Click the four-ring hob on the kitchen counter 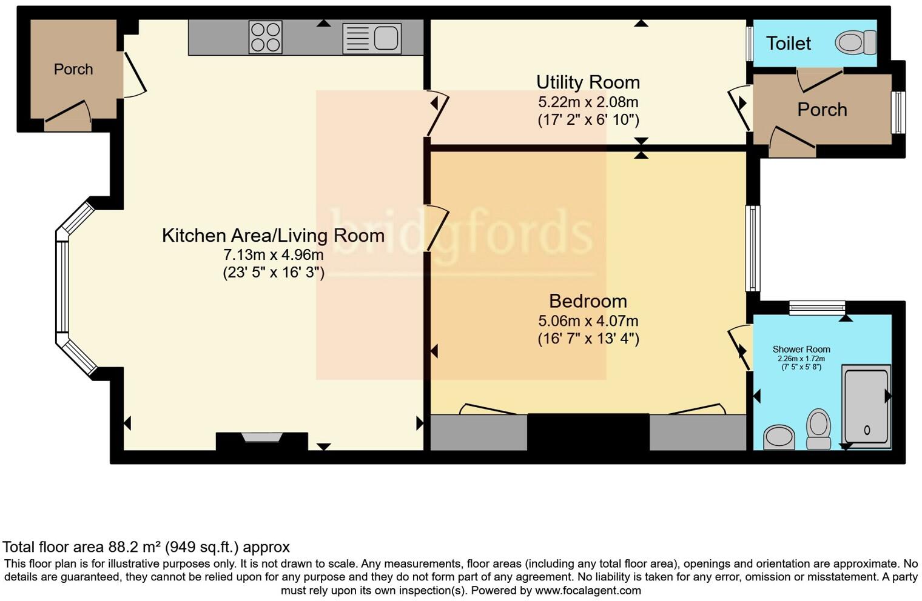(x=265, y=38)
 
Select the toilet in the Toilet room (x=856, y=43)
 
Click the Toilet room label (x=788, y=44)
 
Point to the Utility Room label (x=588, y=82)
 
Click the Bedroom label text (x=588, y=301)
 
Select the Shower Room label (x=801, y=350)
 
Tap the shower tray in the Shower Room (x=866, y=407)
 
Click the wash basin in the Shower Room (x=779, y=436)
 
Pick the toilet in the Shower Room (x=818, y=428)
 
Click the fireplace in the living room (x=261, y=437)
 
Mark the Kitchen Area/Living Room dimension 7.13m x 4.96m (x=273, y=255)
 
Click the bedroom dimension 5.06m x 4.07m (x=588, y=321)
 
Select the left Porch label (x=73, y=70)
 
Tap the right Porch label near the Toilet (x=822, y=110)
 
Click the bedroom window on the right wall (x=752, y=248)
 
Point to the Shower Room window (x=816, y=308)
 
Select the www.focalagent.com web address (x=587, y=590)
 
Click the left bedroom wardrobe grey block (x=479, y=432)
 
